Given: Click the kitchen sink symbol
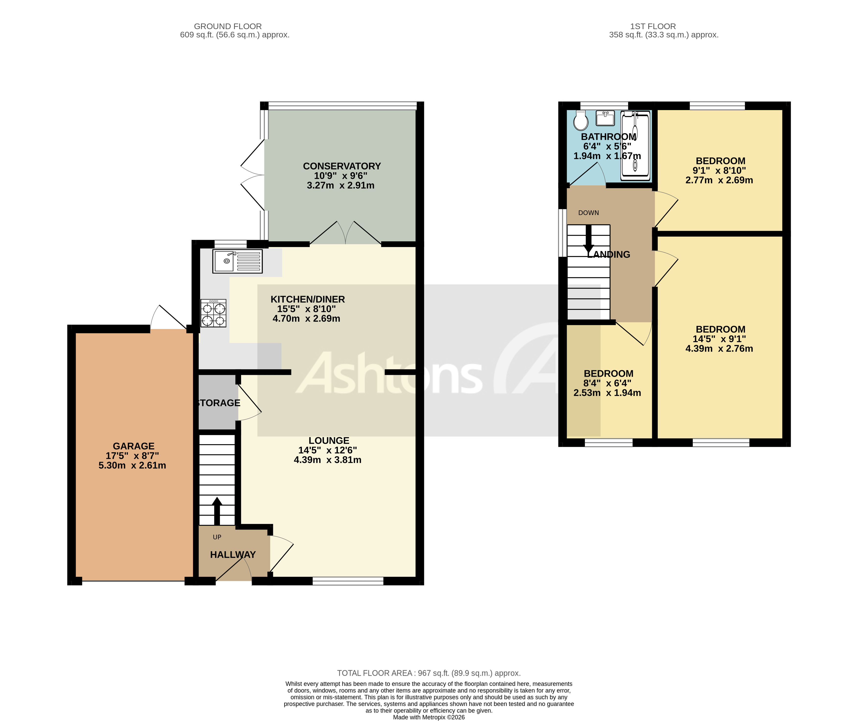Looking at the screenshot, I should (x=237, y=261).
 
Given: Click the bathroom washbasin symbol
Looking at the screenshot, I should (x=605, y=119).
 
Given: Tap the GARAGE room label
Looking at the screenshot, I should (x=134, y=446).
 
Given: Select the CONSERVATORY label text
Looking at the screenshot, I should (x=342, y=166).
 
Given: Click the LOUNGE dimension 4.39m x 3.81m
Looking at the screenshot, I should (x=327, y=460).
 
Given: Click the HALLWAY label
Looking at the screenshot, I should (x=233, y=555).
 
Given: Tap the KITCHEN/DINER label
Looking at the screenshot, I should (x=307, y=299).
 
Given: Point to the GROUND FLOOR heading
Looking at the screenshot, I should (x=228, y=26).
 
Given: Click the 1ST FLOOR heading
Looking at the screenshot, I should (x=653, y=26).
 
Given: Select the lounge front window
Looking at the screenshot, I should (x=348, y=581).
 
